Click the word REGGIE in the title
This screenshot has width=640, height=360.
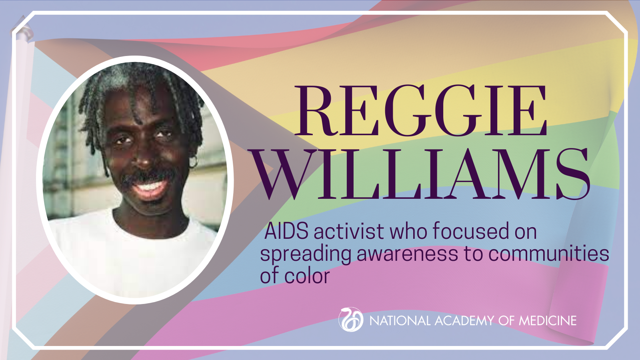click(420, 110)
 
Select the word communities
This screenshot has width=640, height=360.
click(548, 254)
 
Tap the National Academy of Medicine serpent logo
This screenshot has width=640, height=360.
click(351, 320)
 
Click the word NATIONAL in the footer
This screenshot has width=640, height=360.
click(400, 320)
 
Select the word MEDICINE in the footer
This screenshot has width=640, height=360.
click(548, 320)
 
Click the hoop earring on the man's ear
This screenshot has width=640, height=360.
click(193, 162)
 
